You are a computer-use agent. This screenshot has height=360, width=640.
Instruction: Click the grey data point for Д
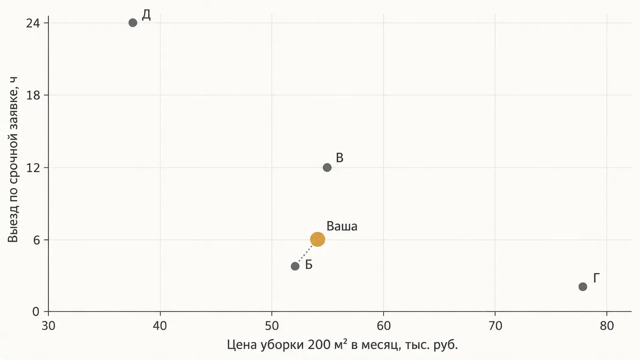(x=133, y=23)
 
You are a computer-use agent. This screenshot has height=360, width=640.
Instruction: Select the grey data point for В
(x=327, y=168)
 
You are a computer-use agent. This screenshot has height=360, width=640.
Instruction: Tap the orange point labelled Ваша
(x=318, y=239)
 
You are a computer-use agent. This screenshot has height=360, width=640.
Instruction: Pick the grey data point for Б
(x=295, y=266)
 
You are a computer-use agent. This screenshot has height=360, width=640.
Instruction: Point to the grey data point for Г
(x=583, y=287)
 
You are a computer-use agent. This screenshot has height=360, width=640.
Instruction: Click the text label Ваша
(x=342, y=226)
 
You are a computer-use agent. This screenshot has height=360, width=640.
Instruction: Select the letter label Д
(x=146, y=15)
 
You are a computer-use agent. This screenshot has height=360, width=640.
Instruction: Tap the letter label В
(x=339, y=158)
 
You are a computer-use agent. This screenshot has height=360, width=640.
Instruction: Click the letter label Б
(x=309, y=264)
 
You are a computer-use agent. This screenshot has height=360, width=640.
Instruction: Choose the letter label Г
(x=596, y=278)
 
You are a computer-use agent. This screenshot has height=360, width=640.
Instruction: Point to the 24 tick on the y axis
(x=33, y=23)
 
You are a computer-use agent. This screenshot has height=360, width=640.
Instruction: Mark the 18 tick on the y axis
(x=33, y=95)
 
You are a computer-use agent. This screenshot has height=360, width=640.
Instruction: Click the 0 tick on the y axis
(x=36, y=312)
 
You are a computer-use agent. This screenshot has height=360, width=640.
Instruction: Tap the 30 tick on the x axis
(x=48, y=326)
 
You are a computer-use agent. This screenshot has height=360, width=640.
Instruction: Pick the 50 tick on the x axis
(x=272, y=326)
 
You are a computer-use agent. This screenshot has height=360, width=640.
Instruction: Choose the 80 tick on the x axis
(x=607, y=326)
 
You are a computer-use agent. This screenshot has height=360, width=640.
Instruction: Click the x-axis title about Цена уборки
(x=342, y=345)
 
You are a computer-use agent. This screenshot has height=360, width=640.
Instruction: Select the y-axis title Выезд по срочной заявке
(x=13, y=159)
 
